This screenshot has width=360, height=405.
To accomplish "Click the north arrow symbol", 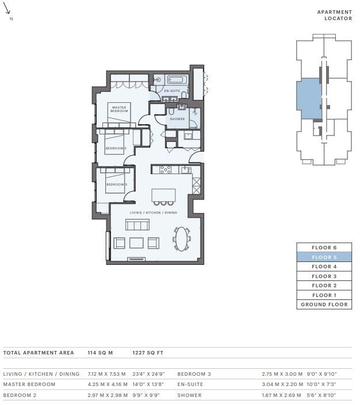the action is [x=7, y=8].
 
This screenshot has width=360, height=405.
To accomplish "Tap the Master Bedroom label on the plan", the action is [x=119, y=109].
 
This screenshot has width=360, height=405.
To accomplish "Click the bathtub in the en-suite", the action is [x=177, y=79].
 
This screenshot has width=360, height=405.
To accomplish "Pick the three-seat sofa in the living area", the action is [x=137, y=225].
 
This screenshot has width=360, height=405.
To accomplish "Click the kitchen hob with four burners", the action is [x=165, y=169].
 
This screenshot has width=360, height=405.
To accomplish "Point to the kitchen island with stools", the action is [x=163, y=197].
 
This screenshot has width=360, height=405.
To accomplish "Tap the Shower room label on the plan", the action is [x=178, y=119].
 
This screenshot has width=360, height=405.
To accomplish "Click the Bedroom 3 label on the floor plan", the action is [x=117, y=184].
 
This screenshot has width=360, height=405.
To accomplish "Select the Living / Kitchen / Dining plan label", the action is [x=154, y=213].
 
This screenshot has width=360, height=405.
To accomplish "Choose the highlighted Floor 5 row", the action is [x=324, y=257].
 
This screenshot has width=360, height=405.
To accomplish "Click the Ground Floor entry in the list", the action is [x=324, y=304].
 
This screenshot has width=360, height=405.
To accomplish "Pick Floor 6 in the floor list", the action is [x=324, y=248].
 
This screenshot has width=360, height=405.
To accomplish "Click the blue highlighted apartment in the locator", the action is [x=309, y=99].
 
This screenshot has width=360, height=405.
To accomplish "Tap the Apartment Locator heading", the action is [x=335, y=16].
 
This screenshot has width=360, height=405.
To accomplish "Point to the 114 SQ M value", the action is [x=100, y=353].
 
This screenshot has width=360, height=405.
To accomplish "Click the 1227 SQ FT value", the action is [x=148, y=353].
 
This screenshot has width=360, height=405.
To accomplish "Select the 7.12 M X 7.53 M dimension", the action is [x=107, y=374].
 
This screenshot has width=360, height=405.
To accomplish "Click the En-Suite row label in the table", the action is [x=190, y=384].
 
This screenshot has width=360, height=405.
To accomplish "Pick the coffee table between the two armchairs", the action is [x=136, y=243].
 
